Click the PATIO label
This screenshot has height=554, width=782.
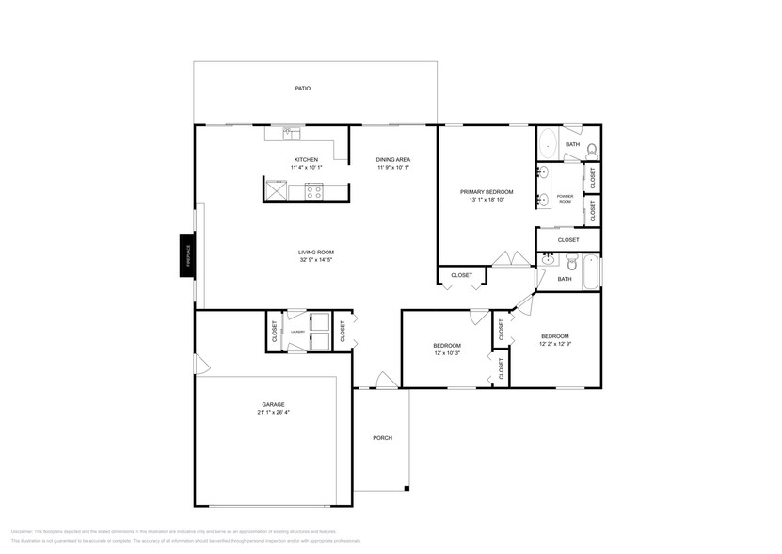[x=302, y=89]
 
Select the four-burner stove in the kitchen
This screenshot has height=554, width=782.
[x=313, y=191]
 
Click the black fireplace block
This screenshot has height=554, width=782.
[x=187, y=256]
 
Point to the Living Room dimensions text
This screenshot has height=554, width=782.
[x=316, y=260]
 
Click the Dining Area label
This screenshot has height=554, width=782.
[x=393, y=159]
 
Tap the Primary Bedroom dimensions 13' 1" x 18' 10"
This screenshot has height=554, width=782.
[x=482, y=200]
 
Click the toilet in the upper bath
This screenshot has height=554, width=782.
[x=591, y=149]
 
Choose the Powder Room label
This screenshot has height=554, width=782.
[x=566, y=199]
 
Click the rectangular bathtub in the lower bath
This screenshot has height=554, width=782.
[x=590, y=271]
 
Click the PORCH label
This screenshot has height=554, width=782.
[x=382, y=438]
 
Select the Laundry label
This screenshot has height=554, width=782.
[x=296, y=332]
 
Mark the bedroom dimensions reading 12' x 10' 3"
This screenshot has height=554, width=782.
[x=447, y=352]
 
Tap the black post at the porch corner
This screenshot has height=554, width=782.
[x=407, y=487]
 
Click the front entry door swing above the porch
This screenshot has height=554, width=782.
[x=384, y=380]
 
